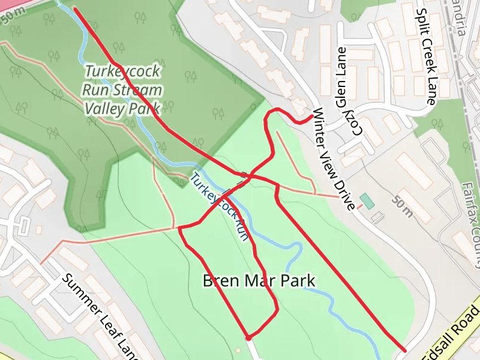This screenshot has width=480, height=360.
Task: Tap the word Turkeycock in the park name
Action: click(122, 71)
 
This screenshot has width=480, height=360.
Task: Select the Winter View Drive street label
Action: click(334, 159)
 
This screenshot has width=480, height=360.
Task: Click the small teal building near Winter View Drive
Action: click(367, 201)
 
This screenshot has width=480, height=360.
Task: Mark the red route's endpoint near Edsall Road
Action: click(403, 350)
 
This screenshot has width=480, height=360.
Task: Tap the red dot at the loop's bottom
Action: click(248, 338)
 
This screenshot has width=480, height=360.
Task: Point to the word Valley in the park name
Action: click(104, 109)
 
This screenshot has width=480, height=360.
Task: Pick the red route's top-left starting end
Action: click(74, 9)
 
